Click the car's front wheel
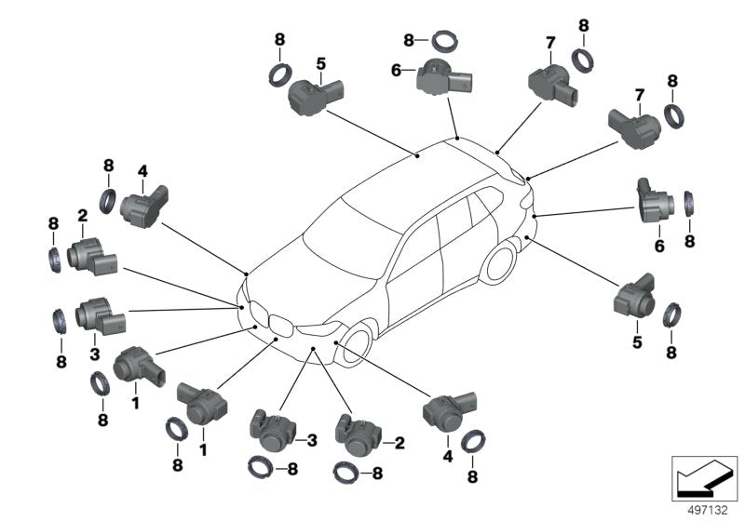[357, 341]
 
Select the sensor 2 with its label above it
[88, 252]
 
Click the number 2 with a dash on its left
[400, 444]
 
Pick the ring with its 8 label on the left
[443, 39]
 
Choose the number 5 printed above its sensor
[320, 64]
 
